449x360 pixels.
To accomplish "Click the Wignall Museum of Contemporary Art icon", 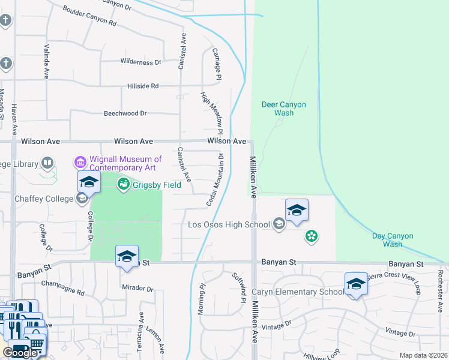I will (x=80, y=163).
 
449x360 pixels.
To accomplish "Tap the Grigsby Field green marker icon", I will (x=124, y=184).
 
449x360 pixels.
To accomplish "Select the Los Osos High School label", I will (x=229, y=225).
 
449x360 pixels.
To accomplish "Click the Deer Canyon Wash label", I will (x=284, y=109).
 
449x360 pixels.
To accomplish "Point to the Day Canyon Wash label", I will (x=393, y=240).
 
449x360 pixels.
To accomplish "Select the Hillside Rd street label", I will (x=143, y=86).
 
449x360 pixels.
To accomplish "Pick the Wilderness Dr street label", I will (x=141, y=62).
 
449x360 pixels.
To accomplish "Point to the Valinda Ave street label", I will (x=46, y=61).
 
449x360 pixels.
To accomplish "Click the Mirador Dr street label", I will (x=138, y=289).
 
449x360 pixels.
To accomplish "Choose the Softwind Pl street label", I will (x=239, y=287).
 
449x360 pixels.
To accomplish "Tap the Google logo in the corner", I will (x=20, y=353).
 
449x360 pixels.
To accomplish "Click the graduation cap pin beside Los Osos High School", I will (x=297, y=212).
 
